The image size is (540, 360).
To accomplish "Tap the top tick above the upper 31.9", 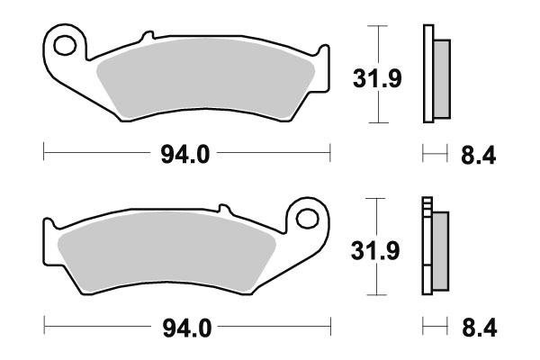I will pos(382,27).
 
